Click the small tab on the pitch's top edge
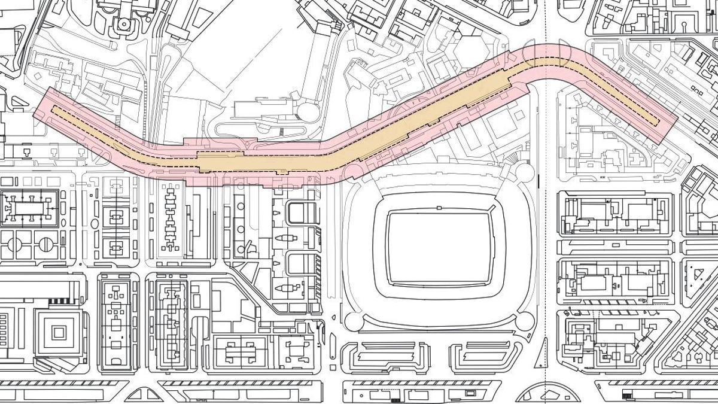[439, 208]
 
